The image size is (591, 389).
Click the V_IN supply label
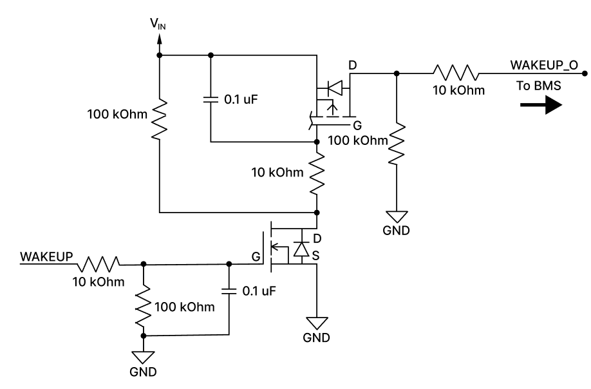[x=157, y=25]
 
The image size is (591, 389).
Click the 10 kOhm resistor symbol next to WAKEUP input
[x=100, y=263]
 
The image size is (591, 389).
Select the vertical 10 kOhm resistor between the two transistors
[x=316, y=174]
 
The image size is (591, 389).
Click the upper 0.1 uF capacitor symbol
[x=210, y=99]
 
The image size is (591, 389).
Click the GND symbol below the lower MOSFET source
[x=316, y=322]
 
